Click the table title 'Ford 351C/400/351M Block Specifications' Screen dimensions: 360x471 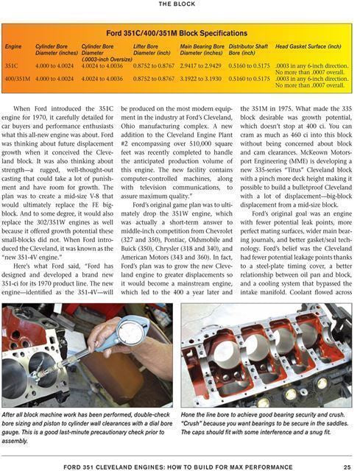180,33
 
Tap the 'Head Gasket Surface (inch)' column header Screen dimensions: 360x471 307,46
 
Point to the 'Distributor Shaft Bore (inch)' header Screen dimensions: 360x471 248,49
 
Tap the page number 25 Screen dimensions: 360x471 346,464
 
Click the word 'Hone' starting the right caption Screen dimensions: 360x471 189,415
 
